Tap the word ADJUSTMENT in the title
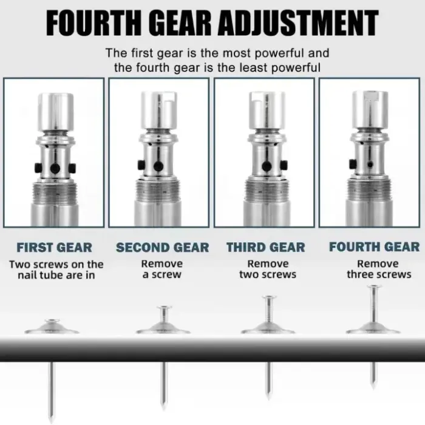point(298,23)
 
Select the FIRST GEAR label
point(54,248)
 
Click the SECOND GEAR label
point(162,248)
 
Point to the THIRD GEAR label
point(266,247)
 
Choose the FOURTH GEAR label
point(375,247)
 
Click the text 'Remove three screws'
point(379,269)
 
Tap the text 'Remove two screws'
point(268,269)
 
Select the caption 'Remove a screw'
point(162,269)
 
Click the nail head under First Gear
point(52,321)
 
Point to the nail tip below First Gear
point(50,420)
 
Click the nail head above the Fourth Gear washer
point(375,286)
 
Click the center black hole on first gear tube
point(55,169)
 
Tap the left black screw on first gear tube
point(38,168)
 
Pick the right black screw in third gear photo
point(284,165)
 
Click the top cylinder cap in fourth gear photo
point(370,109)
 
